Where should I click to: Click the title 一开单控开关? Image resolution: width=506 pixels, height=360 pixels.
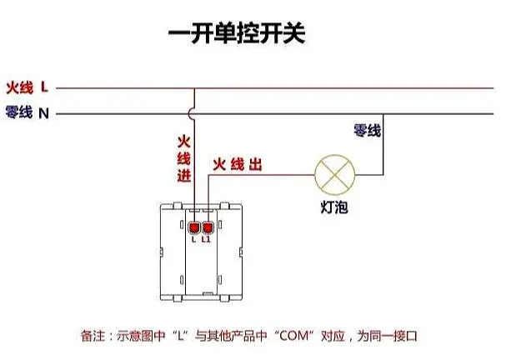(x=237, y=32)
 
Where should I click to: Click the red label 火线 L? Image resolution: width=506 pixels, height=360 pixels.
(x=28, y=87)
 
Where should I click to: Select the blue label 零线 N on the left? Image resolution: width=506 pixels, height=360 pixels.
(x=28, y=112)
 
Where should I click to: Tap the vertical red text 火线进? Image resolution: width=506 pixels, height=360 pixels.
(x=184, y=159)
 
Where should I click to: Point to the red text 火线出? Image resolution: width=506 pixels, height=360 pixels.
(x=238, y=164)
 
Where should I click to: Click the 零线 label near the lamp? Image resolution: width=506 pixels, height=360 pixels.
(x=368, y=130)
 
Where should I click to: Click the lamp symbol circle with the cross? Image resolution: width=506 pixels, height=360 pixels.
(x=334, y=175)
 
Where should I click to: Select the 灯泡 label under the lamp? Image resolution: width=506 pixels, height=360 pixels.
(x=334, y=207)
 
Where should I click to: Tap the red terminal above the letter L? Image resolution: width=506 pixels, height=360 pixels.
(x=194, y=228)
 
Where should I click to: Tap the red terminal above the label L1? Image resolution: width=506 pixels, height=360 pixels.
(x=208, y=228)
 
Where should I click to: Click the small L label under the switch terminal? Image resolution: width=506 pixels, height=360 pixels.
(x=193, y=239)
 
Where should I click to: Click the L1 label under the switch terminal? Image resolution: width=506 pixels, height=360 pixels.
(x=206, y=239)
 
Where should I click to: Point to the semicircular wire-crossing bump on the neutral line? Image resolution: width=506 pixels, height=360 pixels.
(x=191, y=113)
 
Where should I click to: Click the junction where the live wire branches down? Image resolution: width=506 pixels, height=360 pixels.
(x=194, y=88)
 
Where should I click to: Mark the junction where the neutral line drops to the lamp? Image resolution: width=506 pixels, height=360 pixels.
(x=383, y=114)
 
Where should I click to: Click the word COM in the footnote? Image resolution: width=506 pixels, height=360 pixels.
(x=293, y=336)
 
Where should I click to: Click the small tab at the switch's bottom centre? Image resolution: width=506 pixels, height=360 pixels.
(x=208, y=293)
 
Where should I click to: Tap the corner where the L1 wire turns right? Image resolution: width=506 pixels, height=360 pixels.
(x=208, y=175)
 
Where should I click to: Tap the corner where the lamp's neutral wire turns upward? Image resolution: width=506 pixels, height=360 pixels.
(x=383, y=175)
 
